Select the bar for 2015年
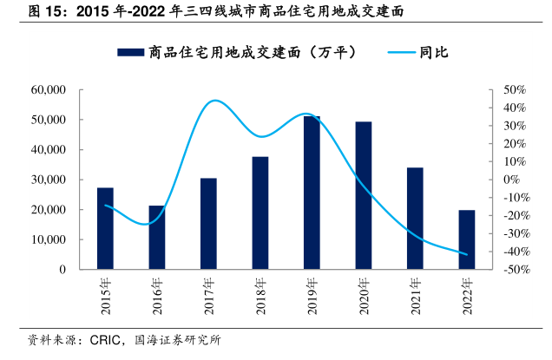(x=105, y=228)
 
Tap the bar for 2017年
(x=208, y=224)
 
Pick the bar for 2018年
(x=260, y=213)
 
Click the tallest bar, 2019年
(x=312, y=193)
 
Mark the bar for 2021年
(x=415, y=218)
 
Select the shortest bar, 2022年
(x=467, y=239)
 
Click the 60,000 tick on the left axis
(x=49, y=89)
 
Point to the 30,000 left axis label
(x=49, y=180)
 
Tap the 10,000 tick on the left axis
(x=49, y=239)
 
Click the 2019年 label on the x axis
(x=312, y=295)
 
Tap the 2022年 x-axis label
(x=467, y=295)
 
